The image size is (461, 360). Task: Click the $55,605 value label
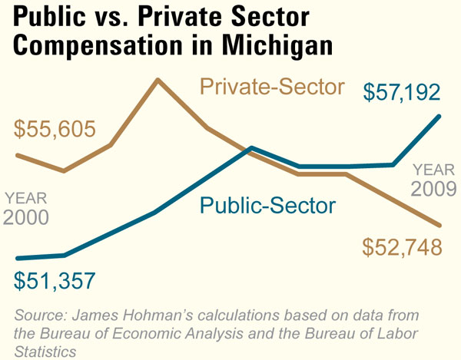(x=55, y=128)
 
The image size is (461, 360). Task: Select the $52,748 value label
(x=402, y=247)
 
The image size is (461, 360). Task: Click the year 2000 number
(x=27, y=217)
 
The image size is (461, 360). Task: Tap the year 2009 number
(x=434, y=189)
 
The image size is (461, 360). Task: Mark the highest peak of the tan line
(x=158, y=79)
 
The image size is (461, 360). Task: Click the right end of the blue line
(x=440, y=116)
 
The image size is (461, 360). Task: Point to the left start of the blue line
(x=18, y=258)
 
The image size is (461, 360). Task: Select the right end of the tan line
(x=440, y=225)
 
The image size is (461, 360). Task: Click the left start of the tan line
(x=18, y=155)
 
